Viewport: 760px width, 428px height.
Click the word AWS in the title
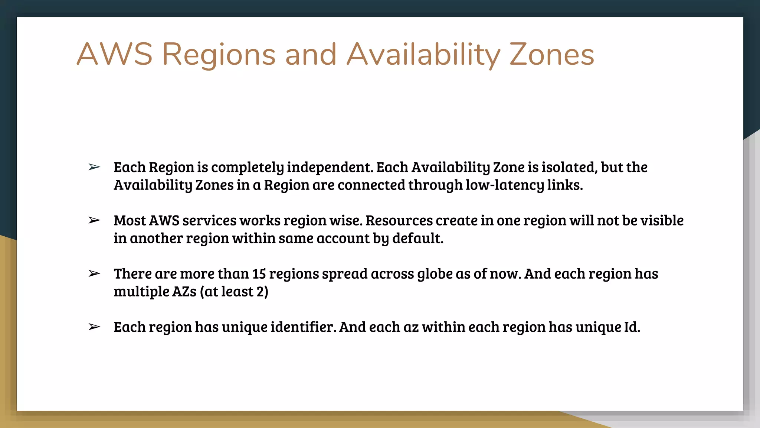point(114,55)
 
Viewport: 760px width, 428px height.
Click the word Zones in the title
point(551,55)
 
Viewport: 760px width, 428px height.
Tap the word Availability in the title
point(423,55)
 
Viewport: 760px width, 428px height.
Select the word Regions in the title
point(219,55)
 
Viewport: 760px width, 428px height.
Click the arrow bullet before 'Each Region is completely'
point(94,168)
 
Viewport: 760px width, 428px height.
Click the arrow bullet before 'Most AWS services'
point(94,221)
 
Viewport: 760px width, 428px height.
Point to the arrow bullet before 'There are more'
point(94,274)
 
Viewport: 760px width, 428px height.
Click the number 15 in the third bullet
point(259,274)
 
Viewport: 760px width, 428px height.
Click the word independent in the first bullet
point(330,168)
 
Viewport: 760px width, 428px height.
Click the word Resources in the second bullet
point(399,221)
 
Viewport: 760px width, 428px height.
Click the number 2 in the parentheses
point(260,292)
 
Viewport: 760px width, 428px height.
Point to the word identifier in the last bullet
point(303,327)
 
